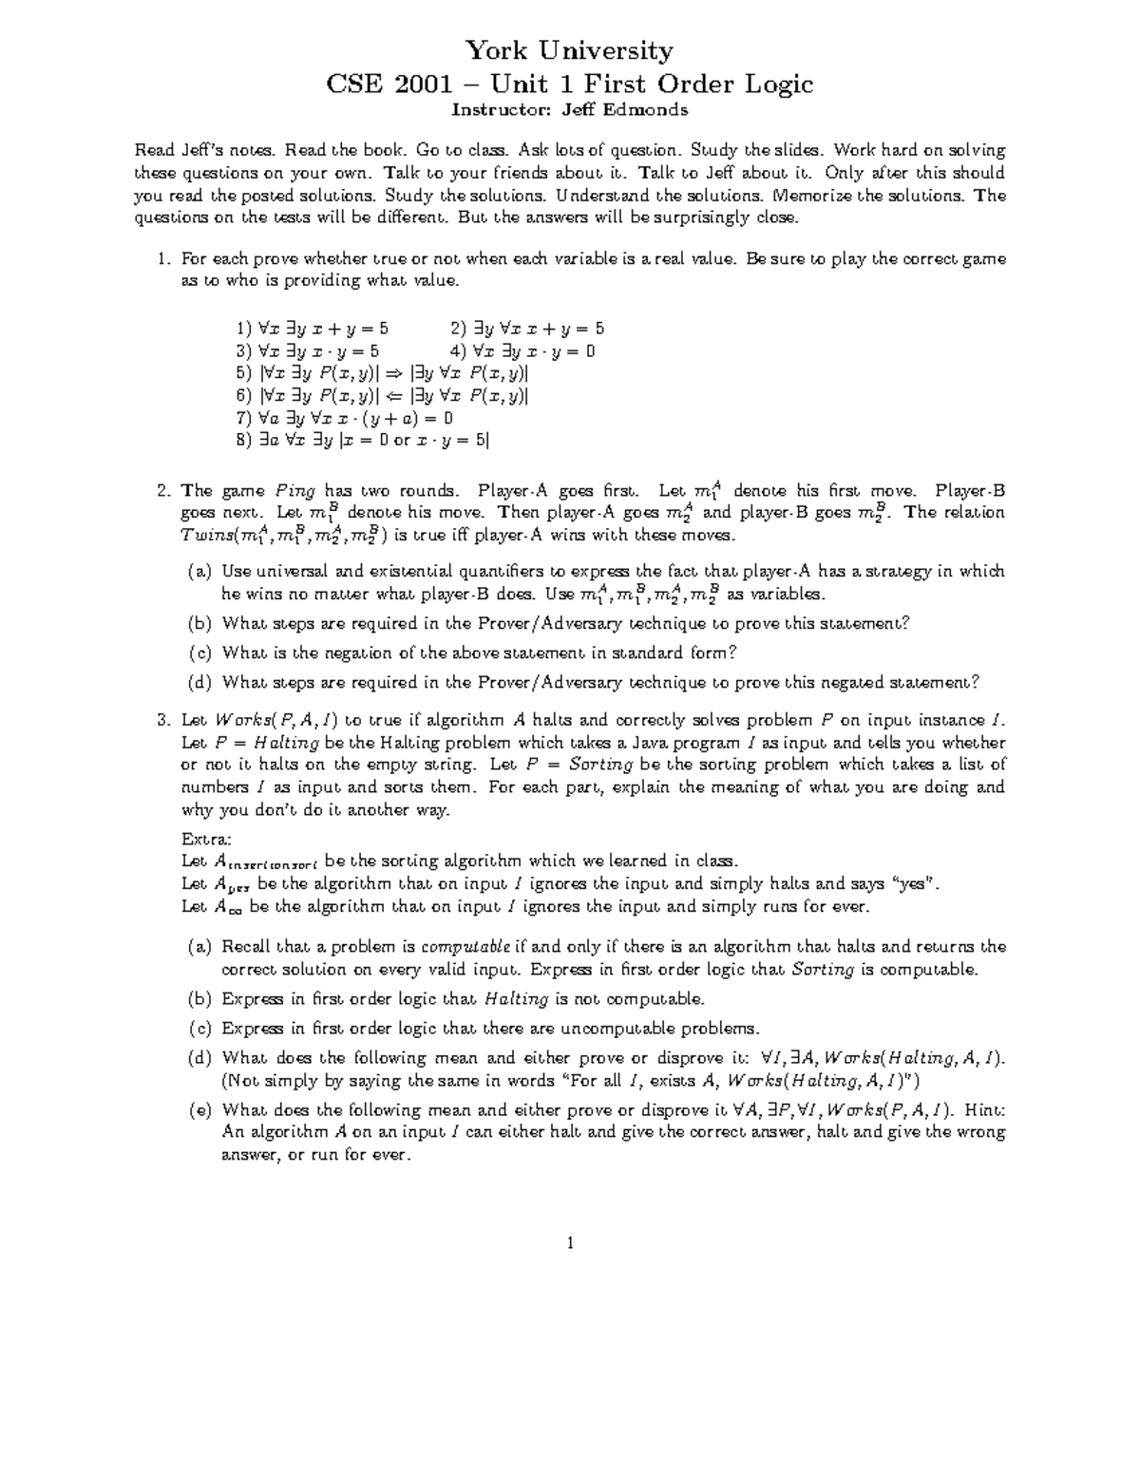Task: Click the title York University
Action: pyautogui.click(x=569, y=50)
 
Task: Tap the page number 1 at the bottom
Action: pyautogui.click(x=569, y=1243)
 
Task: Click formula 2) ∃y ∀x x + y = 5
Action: pyautogui.click(x=527, y=329)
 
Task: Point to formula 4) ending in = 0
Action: pyautogui.click(x=522, y=350)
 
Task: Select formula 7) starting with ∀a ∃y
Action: pyautogui.click(x=344, y=418)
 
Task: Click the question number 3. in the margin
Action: pyautogui.click(x=163, y=720)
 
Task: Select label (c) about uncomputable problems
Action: pyautogui.click(x=199, y=1029)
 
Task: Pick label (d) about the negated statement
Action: pyautogui.click(x=199, y=682)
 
